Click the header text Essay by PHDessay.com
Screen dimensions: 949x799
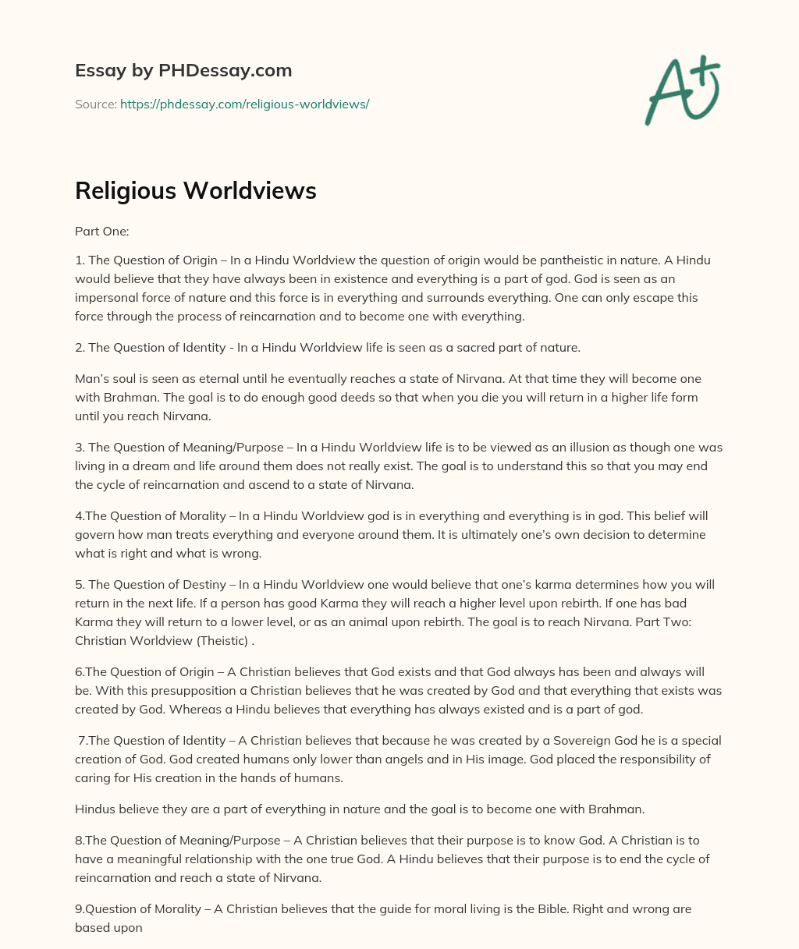(x=183, y=70)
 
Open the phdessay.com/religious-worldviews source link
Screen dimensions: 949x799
(x=244, y=104)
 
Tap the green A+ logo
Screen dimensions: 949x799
(x=681, y=90)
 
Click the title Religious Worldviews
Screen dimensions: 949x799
(x=195, y=191)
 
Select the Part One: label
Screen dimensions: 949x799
(x=96, y=232)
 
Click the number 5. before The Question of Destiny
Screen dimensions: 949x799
(x=80, y=584)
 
